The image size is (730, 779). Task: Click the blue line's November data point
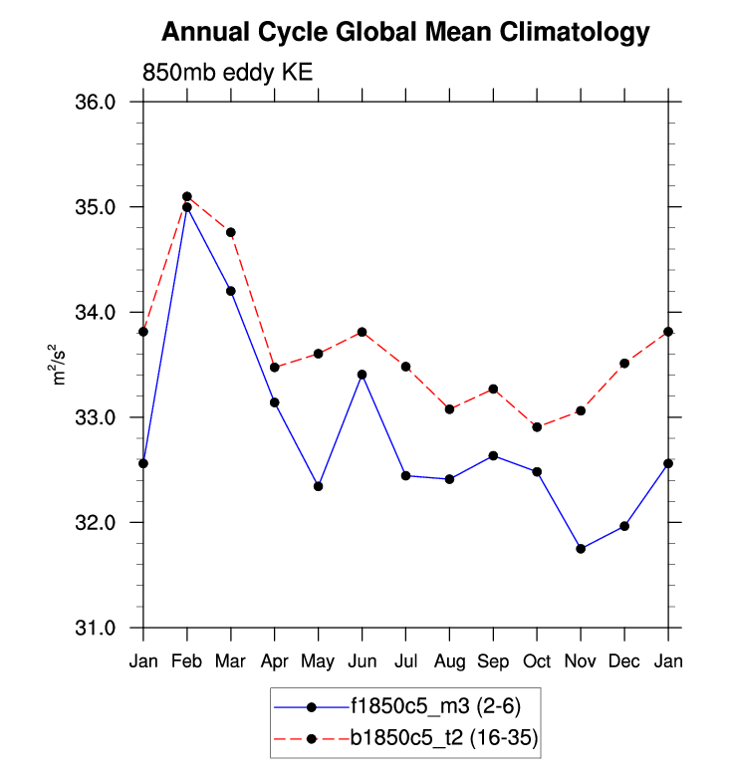point(581,549)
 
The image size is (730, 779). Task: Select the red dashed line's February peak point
point(187,197)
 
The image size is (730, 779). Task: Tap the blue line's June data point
point(362,375)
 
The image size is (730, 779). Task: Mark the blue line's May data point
point(319,486)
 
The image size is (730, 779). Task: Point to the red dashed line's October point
point(537,427)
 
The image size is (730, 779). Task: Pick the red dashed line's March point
point(231,232)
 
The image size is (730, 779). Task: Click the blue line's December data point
point(624,526)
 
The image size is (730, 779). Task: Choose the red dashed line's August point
point(449,409)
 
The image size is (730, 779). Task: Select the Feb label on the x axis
point(187,660)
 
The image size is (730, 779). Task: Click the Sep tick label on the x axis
point(493,660)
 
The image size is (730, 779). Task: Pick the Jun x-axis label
point(362,660)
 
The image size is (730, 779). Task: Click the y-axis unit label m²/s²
point(61,365)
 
